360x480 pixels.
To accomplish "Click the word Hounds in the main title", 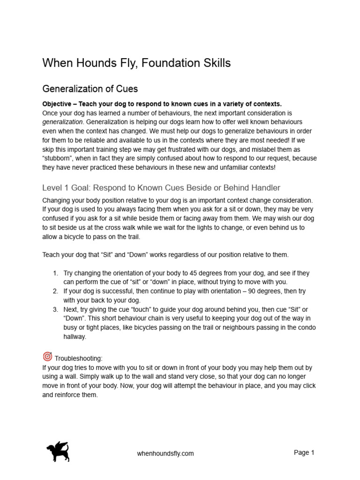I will click(x=91, y=63).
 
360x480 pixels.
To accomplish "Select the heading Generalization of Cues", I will click(x=90, y=89).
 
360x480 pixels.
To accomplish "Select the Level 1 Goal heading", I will click(x=161, y=188).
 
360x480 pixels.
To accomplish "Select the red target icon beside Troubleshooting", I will click(x=47, y=356).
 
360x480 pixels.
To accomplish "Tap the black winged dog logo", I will click(x=58, y=451).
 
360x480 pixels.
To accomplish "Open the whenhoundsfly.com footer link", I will click(x=165, y=453).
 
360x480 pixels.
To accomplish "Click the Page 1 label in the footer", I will click(x=304, y=452).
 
